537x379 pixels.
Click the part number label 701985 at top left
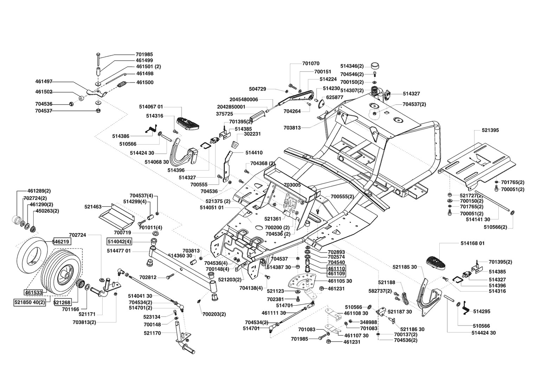click(x=144, y=54)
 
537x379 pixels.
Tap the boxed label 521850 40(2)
click(x=30, y=302)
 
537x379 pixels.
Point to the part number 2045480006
click(x=244, y=99)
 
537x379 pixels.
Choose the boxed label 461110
click(x=336, y=268)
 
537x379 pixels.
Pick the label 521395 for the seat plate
click(x=490, y=130)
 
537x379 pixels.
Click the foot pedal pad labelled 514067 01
click(x=188, y=123)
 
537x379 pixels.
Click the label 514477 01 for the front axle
click(x=119, y=251)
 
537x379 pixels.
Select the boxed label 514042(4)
click(x=119, y=242)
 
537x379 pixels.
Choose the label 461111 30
click(x=273, y=313)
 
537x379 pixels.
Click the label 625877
click(x=335, y=97)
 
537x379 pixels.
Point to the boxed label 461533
click(x=34, y=292)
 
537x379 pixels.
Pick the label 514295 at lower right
click(x=481, y=311)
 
